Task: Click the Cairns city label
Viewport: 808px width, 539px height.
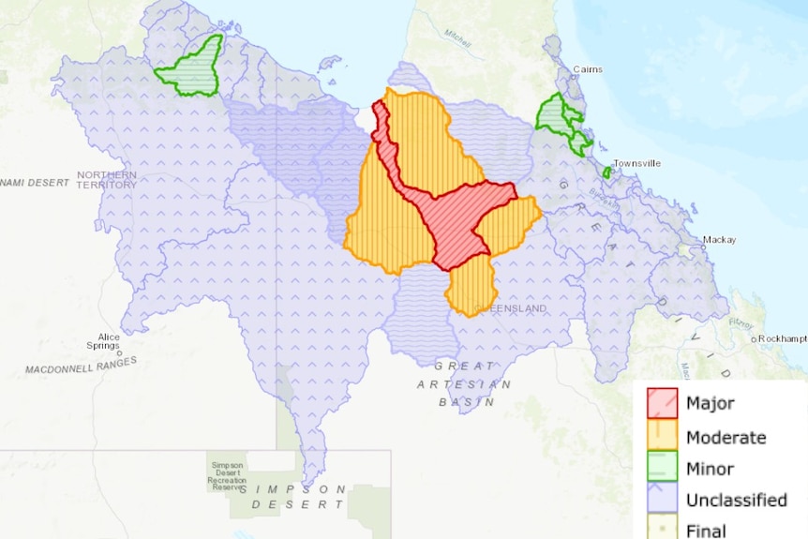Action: click(x=589, y=69)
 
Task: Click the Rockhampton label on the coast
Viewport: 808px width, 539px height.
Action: click(x=782, y=338)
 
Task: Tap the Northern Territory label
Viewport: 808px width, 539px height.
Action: click(x=107, y=179)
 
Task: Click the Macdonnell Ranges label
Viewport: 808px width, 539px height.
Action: click(x=81, y=365)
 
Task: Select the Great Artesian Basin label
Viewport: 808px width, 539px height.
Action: click(x=465, y=383)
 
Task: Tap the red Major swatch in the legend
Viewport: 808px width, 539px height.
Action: click(x=662, y=403)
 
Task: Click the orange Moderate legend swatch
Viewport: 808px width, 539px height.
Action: click(x=662, y=437)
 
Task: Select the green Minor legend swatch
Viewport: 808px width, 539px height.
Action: click(x=662, y=469)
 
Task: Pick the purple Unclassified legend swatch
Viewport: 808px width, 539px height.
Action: click(x=662, y=500)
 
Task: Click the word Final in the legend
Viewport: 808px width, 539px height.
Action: click(x=706, y=531)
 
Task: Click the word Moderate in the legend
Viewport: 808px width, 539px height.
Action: click(x=726, y=438)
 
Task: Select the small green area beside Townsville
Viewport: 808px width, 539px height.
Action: click(x=607, y=172)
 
